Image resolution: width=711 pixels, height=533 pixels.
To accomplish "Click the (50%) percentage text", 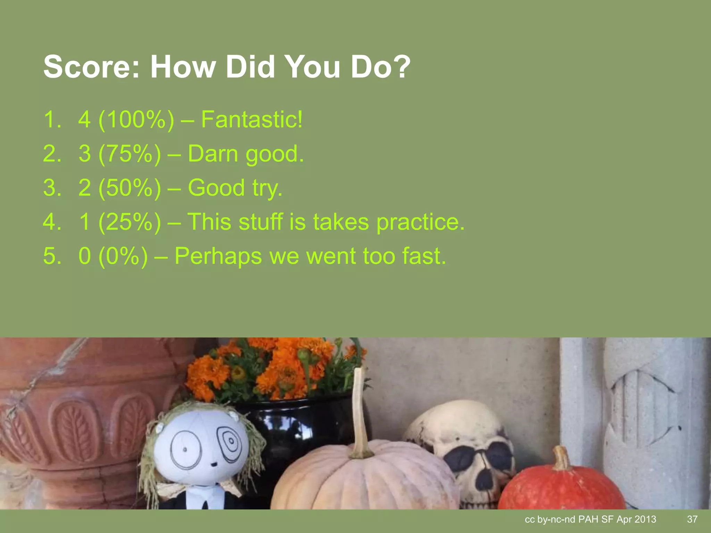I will tap(129, 188).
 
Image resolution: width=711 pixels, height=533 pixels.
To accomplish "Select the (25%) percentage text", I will tap(129, 222).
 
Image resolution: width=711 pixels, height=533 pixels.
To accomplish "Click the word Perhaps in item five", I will tap(218, 256).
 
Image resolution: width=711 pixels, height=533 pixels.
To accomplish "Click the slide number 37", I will tap(692, 519).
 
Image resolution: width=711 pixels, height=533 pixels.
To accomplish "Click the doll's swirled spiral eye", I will tap(229, 443).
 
